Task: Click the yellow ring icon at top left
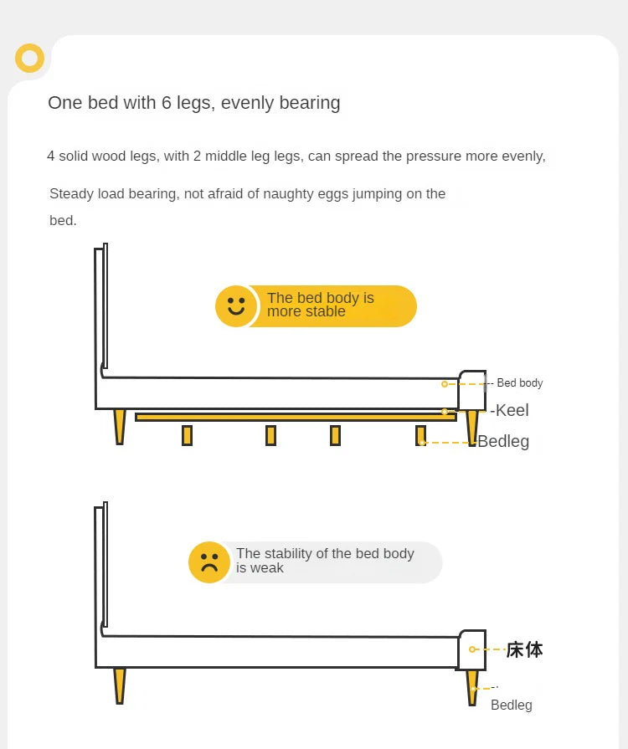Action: click(30, 59)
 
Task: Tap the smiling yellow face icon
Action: click(236, 306)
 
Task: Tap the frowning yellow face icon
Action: click(209, 562)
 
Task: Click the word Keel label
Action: click(511, 410)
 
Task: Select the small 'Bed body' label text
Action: click(519, 383)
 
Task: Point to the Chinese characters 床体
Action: click(524, 649)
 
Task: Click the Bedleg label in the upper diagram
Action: click(503, 441)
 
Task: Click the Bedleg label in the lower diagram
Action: click(511, 705)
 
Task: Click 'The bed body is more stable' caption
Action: click(321, 305)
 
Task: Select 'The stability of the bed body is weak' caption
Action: click(325, 561)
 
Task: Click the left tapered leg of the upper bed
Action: click(120, 426)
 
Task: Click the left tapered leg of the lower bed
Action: click(120, 685)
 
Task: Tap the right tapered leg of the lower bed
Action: click(473, 686)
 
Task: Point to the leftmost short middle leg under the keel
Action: click(187, 435)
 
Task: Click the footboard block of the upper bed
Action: click(471, 390)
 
